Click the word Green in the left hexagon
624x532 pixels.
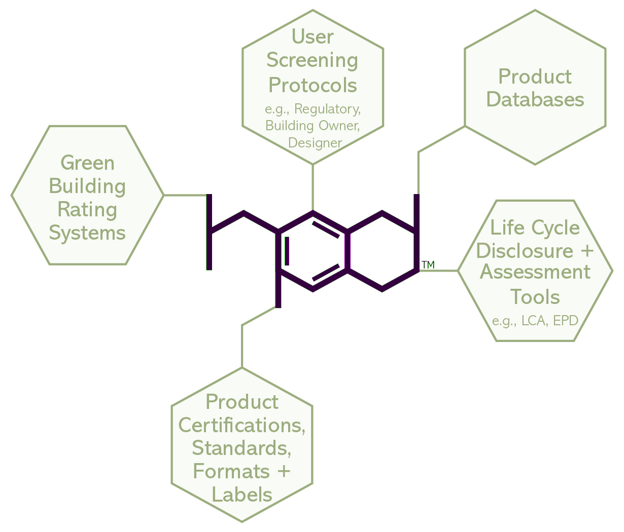87,163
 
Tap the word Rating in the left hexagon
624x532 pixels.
87,209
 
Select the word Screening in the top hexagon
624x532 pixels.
313,61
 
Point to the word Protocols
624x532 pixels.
313,85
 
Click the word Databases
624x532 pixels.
535,99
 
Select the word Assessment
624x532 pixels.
535,272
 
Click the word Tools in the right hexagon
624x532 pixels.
535,296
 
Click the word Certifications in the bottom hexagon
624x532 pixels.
242,425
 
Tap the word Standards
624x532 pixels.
242,448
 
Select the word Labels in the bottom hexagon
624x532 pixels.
242,495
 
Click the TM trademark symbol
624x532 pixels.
428,264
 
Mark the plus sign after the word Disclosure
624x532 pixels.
586,250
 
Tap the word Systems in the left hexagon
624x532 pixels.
87,233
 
